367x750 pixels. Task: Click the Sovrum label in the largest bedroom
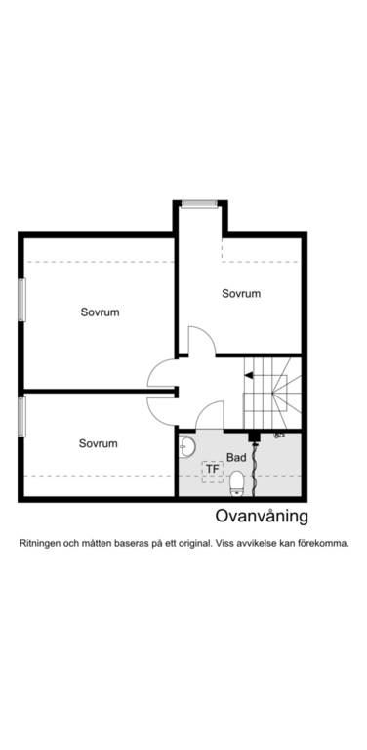[x=100, y=312]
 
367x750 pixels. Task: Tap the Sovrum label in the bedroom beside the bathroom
[x=98, y=443]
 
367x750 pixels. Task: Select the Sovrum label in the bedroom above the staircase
[x=241, y=293]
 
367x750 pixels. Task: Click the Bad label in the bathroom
[x=236, y=458]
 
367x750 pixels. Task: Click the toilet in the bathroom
[x=237, y=483]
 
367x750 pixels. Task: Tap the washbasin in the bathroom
[x=186, y=447]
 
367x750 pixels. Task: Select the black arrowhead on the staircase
[x=249, y=375]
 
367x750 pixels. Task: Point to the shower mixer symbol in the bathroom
[x=279, y=436]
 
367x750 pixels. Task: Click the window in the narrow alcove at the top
[x=200, y=204]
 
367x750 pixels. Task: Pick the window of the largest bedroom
[x=21, y=300]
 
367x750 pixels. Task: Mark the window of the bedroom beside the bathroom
[x=21, y=417]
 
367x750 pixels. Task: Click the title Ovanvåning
[x=262, y=517]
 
